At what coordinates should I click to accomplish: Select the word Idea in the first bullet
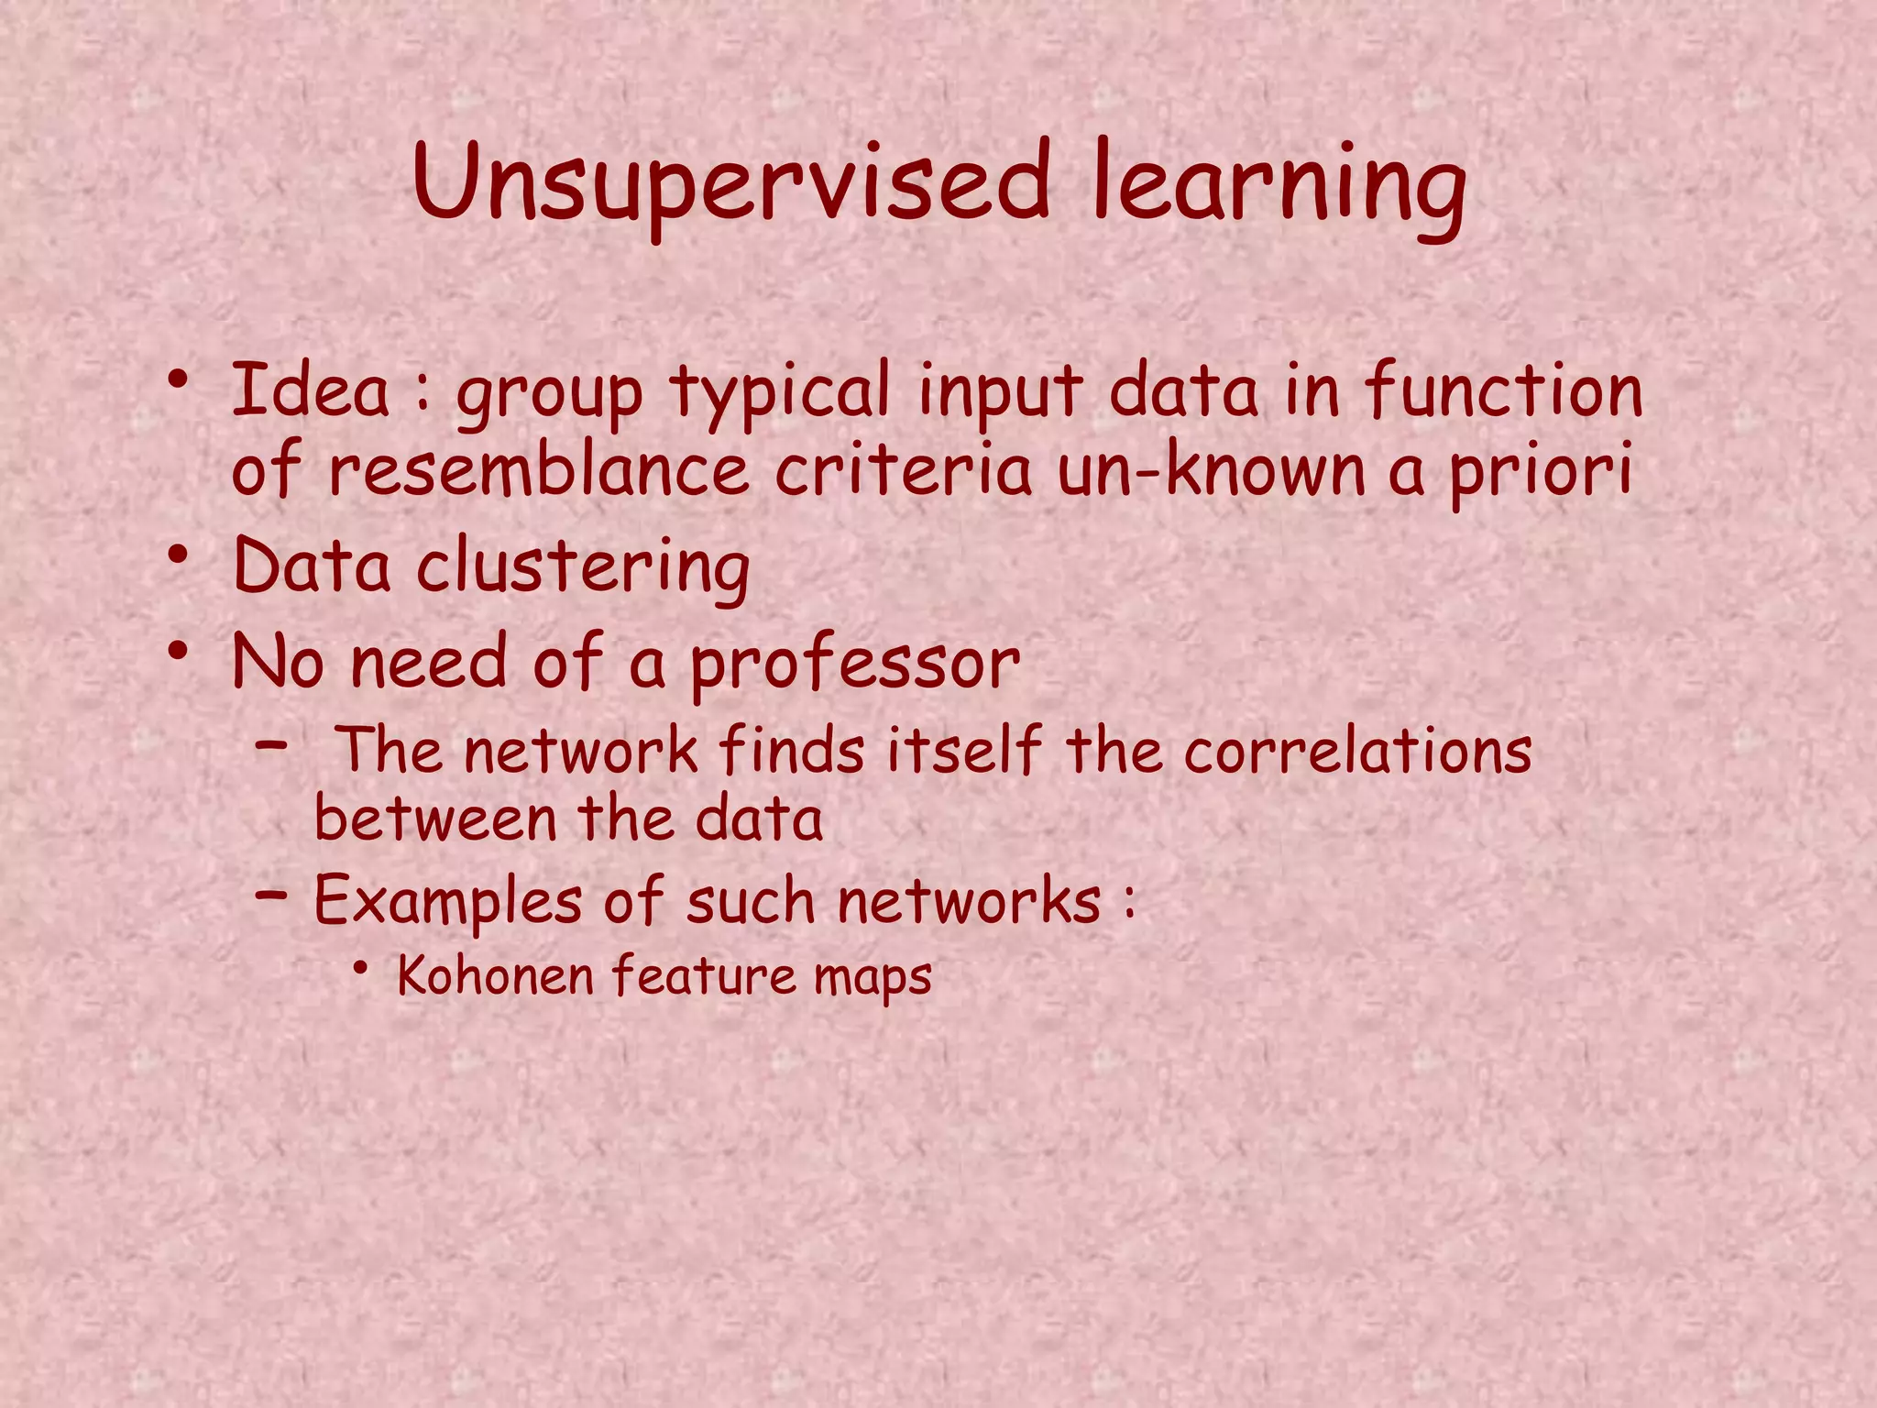(x=311, y=390)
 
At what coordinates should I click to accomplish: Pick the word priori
(x=1540, y=473)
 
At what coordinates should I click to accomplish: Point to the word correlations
(x=1357, y=752)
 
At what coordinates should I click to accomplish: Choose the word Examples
(x=448, y=902)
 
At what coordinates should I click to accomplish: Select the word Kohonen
(x=496, y=975)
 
